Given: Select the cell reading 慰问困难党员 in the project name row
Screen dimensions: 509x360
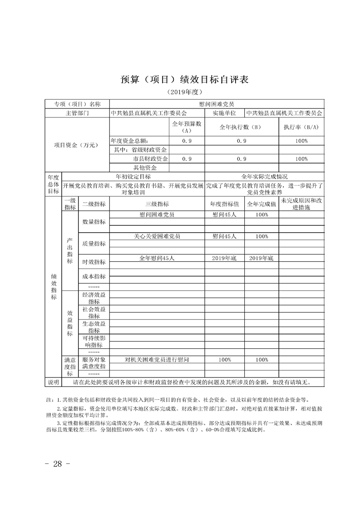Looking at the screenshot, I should click(x=216, y=104).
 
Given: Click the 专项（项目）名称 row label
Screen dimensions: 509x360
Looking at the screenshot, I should click(x=77, y=104).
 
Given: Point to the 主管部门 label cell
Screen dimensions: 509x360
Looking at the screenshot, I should click(x=77, y=113).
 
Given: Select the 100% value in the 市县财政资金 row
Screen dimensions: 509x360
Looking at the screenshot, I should click(x=301, y=159).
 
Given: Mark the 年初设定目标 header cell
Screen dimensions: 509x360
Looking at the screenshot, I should click(x=133, y=176).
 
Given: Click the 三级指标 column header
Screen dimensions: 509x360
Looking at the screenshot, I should click(x=157, y=204).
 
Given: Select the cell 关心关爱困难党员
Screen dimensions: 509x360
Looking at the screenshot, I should click(x=157, y=236).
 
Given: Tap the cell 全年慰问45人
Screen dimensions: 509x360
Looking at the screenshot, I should click(x=157, y=258).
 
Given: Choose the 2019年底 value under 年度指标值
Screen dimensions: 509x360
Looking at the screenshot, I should click(x=224, y=258).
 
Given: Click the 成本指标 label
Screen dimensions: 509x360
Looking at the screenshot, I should click(x=94, y=276).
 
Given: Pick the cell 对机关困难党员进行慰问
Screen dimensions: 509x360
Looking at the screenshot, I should click(x=157, y=360).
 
